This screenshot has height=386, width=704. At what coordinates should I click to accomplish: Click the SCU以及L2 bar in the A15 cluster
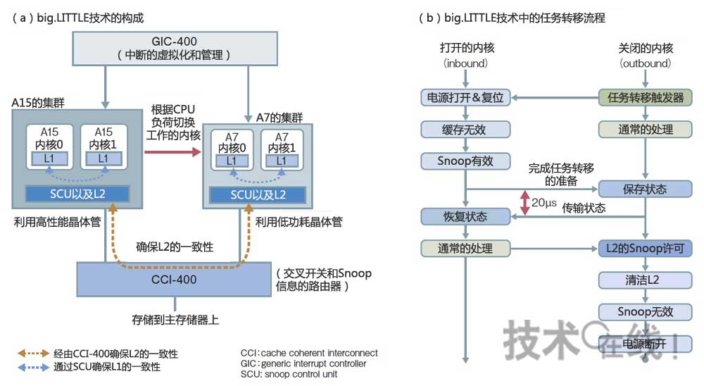(77, 194)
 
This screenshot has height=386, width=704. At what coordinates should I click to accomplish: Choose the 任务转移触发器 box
(646, 98)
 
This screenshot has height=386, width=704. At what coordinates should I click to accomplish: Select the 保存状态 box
(646, 189)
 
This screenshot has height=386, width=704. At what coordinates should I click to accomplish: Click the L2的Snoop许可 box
(646, 248)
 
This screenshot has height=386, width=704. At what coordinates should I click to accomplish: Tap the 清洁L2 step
(646, 280)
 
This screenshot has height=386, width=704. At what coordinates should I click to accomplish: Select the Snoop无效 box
(646, 311)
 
